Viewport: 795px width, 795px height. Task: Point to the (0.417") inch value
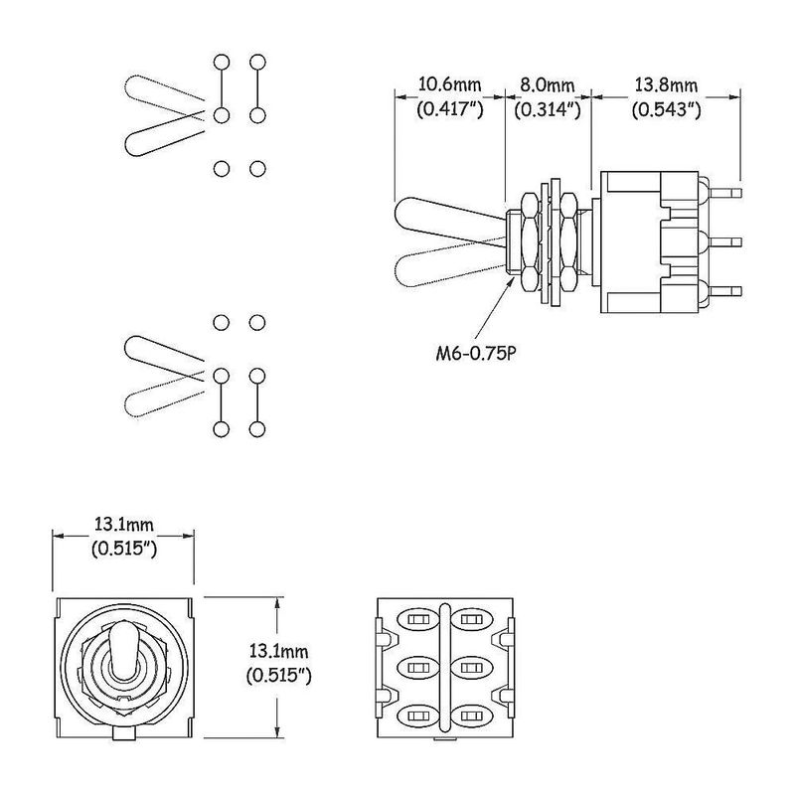[x=450, y=109]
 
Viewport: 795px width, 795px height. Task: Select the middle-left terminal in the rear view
[x=417, y=667]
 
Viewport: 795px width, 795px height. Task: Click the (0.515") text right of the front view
[x=279, y=676]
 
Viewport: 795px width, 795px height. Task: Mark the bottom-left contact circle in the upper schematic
[x=221, y=168]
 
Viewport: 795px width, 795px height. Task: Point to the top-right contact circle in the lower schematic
[x=257, y=322]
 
